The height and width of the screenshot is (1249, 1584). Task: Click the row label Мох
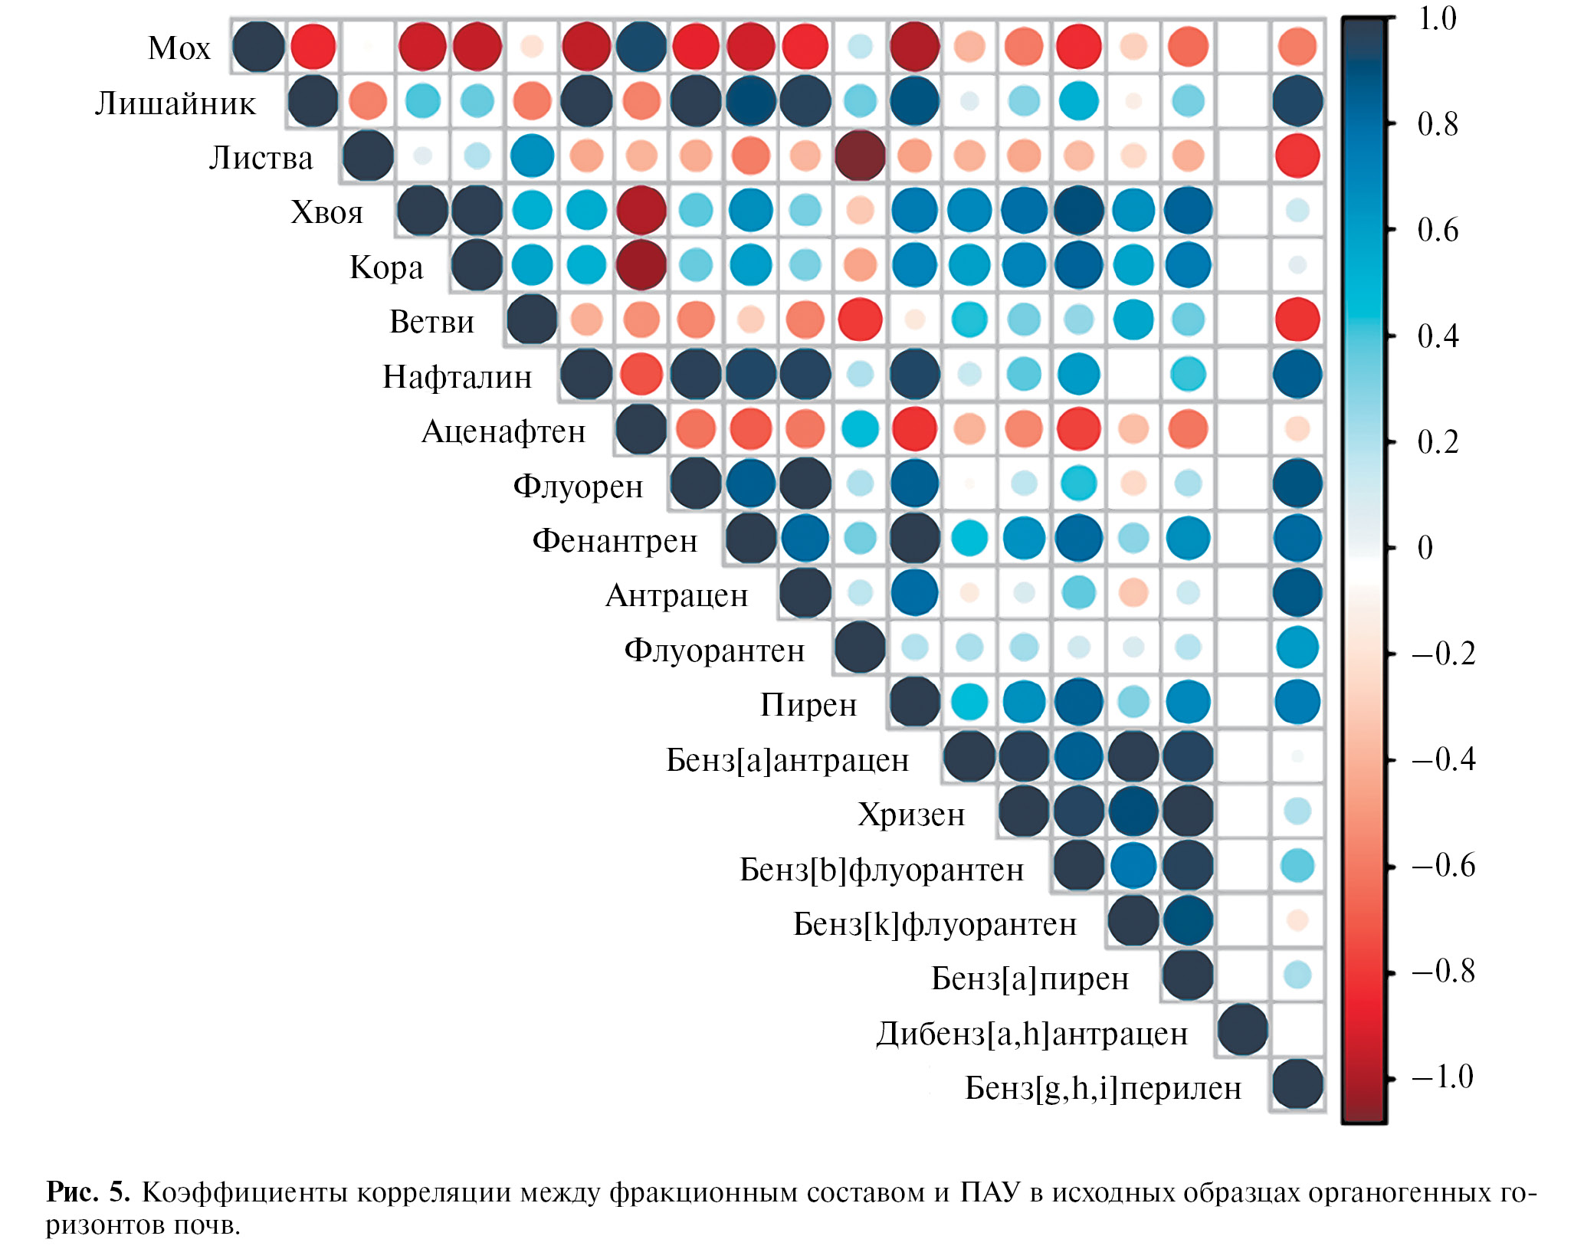coord(179,48)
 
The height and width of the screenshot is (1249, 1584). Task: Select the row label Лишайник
coord(175,103)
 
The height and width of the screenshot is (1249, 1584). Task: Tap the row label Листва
coord(261,158)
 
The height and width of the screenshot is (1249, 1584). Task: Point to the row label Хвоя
coord(326,212)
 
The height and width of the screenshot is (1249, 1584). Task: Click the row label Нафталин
coord(457,376)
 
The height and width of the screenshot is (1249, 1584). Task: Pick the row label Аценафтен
coord(503,431)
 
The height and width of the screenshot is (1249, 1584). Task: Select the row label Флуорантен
coord(714,651)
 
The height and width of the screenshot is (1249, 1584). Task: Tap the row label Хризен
coord(911,815)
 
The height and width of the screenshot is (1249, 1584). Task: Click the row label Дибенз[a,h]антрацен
coord(1031,1034)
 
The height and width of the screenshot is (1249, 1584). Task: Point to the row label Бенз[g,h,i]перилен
coord(1103,1088)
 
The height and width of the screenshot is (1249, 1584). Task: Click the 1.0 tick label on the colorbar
coord(1437,18)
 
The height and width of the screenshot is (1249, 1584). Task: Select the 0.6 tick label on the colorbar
coord(1438,230)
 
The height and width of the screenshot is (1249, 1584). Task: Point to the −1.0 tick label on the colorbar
coord(1442,1077)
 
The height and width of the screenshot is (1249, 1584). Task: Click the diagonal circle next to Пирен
coord(914,702)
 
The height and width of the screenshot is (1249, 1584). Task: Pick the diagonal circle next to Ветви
coord(531,319)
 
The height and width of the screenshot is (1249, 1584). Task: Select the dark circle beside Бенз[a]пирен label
coord(1187,975)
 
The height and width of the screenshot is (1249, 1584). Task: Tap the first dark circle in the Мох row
coord(258,46)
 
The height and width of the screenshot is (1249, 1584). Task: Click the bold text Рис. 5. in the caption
coord(88,1192)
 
